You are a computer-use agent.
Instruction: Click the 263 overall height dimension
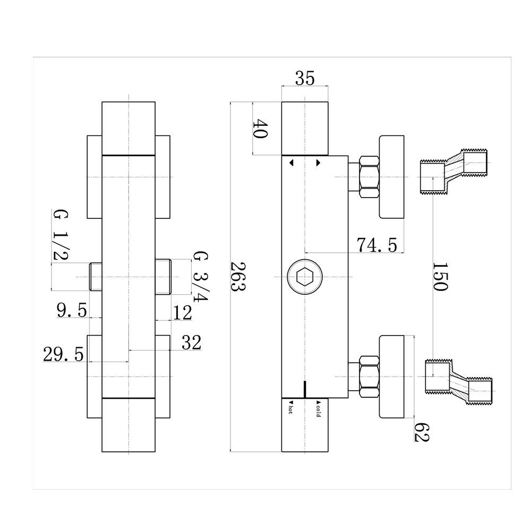click(x=237, y=277)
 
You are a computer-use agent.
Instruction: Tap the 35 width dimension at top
click(x=304, y=79)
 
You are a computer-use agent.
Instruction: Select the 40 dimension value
click(x=260, y=129)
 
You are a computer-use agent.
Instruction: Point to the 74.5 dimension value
click(x=376, y=245)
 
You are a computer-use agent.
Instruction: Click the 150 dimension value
click(x=440, y=276)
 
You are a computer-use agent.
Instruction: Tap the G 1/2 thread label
click(x=59, y=235)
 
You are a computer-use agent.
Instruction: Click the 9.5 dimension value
click(x=72, y=311)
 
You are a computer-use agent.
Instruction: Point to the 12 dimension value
click(x=182, y=313)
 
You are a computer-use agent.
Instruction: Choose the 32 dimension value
click(x=191, y=343)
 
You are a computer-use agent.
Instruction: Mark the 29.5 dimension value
click(x=63, y=355)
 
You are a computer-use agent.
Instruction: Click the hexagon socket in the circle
click(x=304, y=277)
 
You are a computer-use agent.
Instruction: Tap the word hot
click(x=290, y=409)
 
